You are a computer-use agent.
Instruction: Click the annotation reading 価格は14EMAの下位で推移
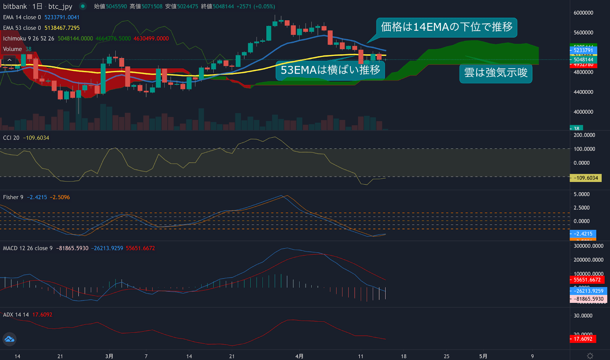(446, 27)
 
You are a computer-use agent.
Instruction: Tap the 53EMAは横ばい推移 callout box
(330, 70)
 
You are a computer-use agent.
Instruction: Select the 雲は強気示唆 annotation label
(496, 72)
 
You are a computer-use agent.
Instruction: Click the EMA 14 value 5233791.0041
(62, 17)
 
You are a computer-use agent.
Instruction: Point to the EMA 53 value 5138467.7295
(62, 28)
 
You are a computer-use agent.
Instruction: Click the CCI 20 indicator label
(11, 138)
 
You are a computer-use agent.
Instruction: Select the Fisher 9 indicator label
(13, 197)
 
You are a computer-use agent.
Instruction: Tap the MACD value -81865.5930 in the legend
(72, 248)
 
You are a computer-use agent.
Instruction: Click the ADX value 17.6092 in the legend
(42, 315)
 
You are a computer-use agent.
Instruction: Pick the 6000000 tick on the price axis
(583, 13)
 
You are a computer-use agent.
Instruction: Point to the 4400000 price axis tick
(583, 92)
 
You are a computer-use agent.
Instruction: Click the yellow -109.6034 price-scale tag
(586, 178)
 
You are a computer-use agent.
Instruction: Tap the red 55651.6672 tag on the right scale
(587, 280)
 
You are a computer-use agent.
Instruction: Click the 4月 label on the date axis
(299, 356)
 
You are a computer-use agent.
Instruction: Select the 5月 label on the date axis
(483, 356)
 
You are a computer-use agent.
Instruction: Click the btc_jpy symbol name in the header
(60, 6)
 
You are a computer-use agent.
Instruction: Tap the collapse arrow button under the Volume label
(10, 60)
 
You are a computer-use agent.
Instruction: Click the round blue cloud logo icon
(10, 339)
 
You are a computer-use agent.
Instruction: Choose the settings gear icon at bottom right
(590, 356)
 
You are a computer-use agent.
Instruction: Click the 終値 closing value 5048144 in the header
(223, 6)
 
